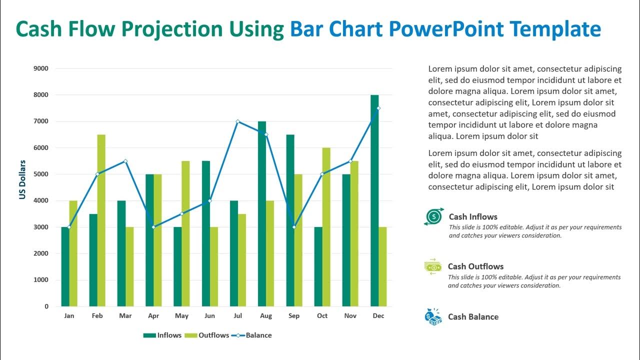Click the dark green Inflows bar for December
374,200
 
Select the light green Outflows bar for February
101,220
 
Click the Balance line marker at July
237,121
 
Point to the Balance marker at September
294,227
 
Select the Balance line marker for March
125,161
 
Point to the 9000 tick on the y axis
41,68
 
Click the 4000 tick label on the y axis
41,200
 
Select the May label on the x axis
181,316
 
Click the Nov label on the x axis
350,316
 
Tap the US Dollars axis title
22,180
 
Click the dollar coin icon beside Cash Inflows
433,216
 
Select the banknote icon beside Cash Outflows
433,266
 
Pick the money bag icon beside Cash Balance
433,316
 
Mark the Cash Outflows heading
475,266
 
